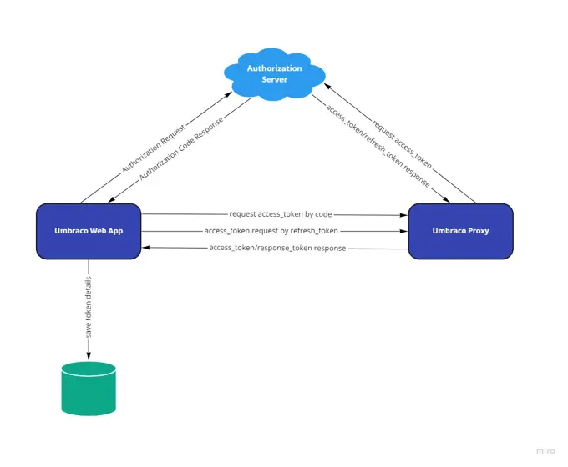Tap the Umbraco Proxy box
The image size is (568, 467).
[460, 230]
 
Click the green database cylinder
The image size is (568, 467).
[88, 388]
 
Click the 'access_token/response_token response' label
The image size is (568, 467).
[277, 248]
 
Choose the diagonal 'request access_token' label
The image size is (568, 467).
[402, 143]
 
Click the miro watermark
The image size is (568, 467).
[545, 451]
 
